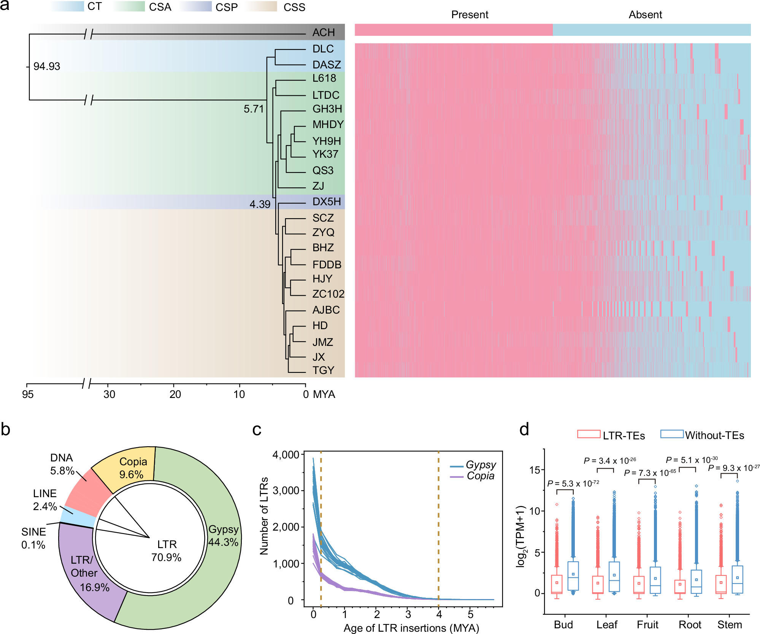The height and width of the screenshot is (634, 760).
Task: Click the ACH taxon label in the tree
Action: pos(324,32)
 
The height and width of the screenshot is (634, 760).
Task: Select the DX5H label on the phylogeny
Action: pos(326,201)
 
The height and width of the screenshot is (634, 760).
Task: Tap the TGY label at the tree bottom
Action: pos(323,370)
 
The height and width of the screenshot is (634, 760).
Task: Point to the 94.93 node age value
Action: pos(46,66)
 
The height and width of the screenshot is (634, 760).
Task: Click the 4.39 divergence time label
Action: pos(260,204)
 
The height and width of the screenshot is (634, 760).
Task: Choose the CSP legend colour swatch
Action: pos(195,7)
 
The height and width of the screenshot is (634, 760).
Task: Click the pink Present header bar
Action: pos(453,30)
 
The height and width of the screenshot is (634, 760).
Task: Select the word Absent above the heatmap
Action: pos(645,14)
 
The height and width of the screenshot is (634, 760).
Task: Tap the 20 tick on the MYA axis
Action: pos(175,394)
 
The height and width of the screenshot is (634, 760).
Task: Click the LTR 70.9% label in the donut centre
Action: pos(167,551)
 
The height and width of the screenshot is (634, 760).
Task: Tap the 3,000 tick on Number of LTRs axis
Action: pos(286,490)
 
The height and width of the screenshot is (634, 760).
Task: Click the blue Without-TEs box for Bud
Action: pos(573,576)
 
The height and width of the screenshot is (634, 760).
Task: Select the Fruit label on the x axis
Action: pos(647,624)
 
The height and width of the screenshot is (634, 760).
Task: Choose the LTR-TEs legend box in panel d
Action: pos(588,434)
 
